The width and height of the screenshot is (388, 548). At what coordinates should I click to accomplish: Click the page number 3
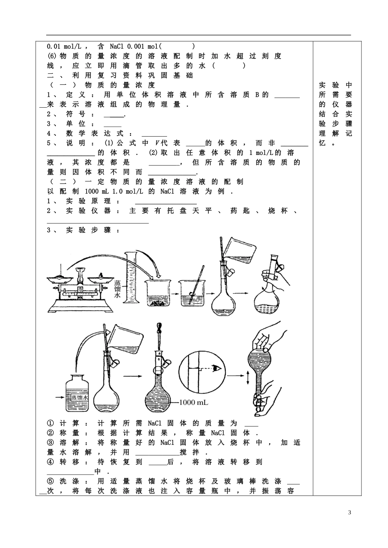pos(349,513)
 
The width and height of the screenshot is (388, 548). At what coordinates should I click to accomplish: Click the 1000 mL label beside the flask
pos(194,402)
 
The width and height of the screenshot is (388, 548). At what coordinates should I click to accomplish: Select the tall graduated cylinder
pos(131,281)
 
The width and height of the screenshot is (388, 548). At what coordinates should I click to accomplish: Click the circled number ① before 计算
pos(51,423)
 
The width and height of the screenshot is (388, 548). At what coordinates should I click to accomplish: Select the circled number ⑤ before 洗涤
pos(51,481)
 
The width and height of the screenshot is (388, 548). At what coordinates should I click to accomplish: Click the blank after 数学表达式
pos(154,134)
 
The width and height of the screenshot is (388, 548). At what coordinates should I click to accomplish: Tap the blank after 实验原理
pos(165,201)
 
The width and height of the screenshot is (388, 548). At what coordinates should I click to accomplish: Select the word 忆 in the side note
pos(323,143)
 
